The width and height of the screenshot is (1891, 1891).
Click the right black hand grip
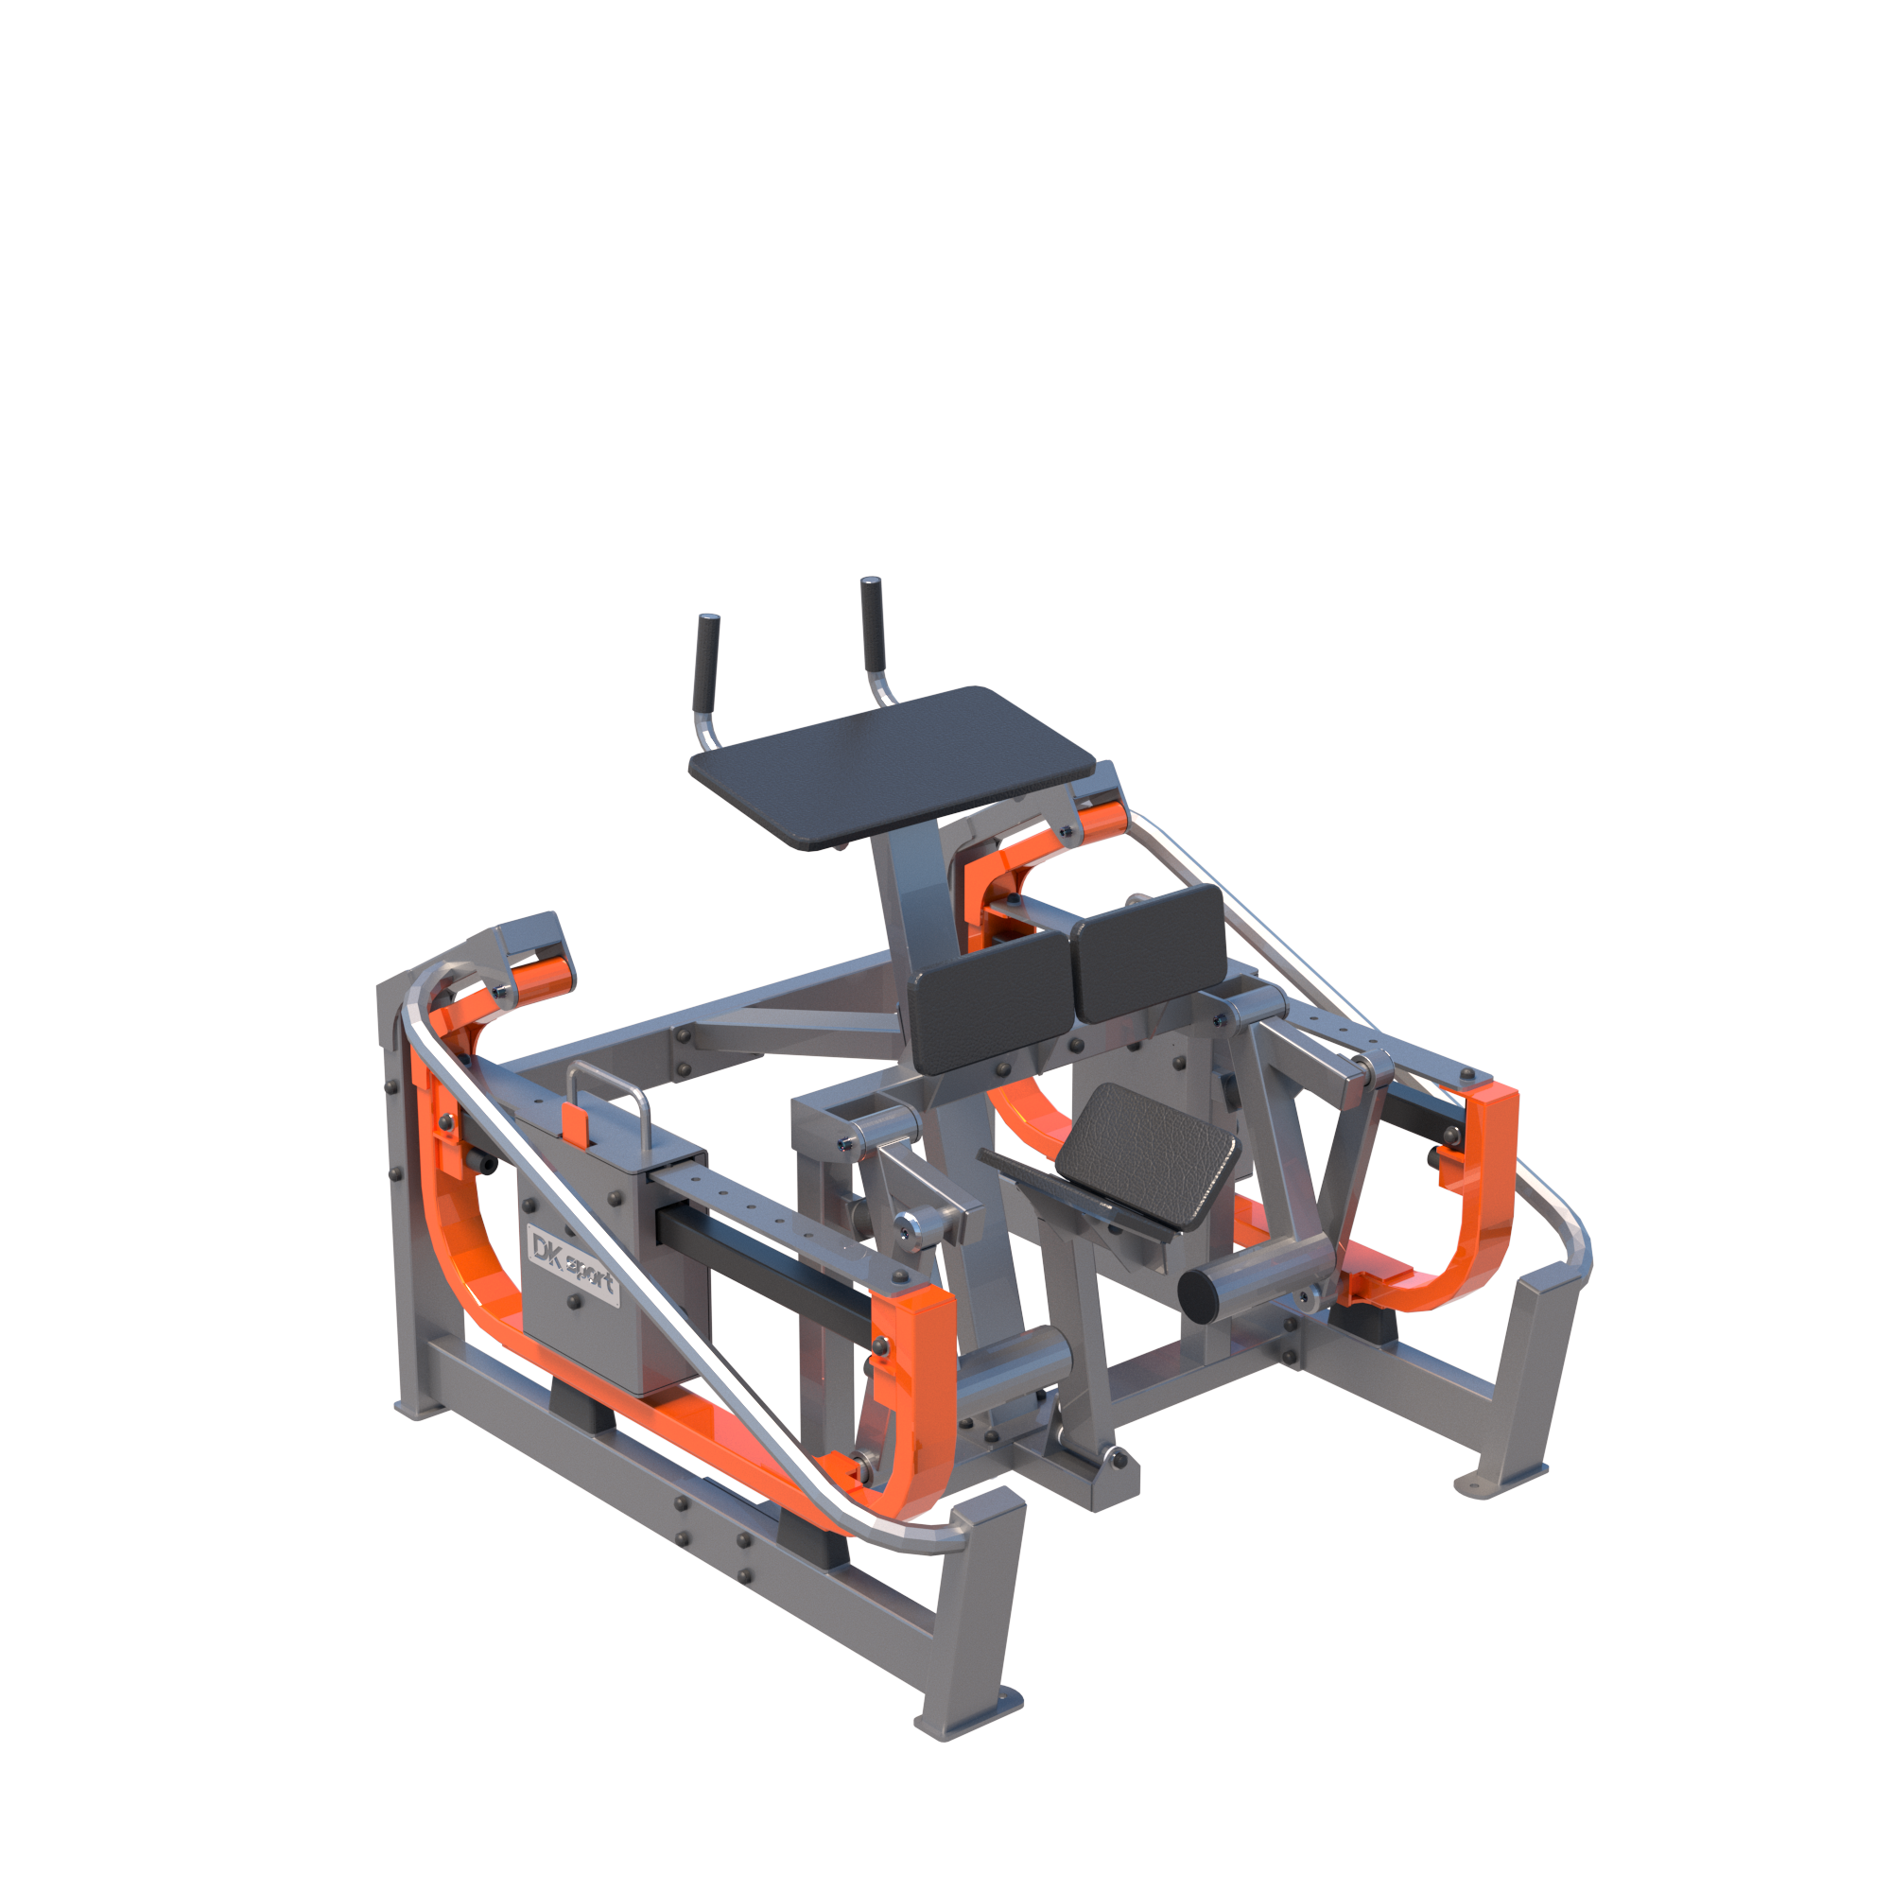click(872, 623)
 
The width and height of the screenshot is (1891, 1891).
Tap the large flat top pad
click(891, 767)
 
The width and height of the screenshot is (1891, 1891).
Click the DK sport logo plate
click(573, 1263)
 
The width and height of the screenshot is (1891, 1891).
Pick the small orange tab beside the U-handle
click(576, 1124)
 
